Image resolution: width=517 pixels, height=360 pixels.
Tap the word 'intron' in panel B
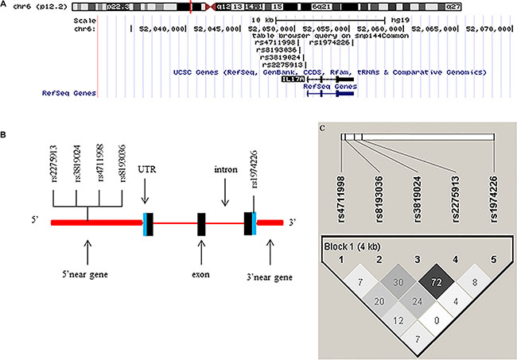(225, 169)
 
